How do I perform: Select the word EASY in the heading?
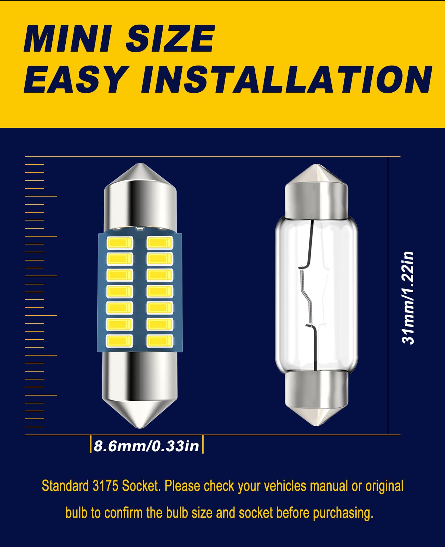(76, 80)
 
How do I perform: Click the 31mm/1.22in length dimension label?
(408, 298)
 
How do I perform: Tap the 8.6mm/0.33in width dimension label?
(147, 446)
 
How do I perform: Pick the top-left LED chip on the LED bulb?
(119, 243)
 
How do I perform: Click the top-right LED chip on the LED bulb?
(160, 243)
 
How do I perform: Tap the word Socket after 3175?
(141, 486)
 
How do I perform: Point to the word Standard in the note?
(65, 486)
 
